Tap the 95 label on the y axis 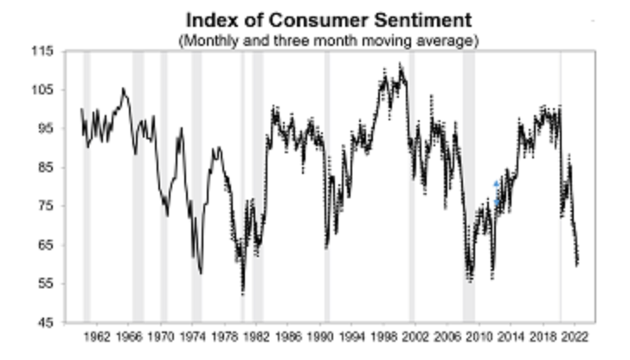[x=45, y=129]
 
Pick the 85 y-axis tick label [x=45, y=167]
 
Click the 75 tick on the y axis [x=45, y=206]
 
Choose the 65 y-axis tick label [x=45, y=245]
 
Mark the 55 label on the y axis [x=45, y=284]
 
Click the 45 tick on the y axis [x=45, y=322]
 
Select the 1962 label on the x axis [x=96, y=337]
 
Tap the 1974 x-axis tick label [x=194, y=337]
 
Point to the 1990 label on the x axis [x=322, y=337]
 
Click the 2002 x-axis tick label [x=418, y=337]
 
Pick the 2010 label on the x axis [x=482, y=337]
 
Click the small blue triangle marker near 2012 [x=497, y=184]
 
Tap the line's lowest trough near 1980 [x=243, y=291]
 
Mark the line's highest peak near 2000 [x=400, y=65]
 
